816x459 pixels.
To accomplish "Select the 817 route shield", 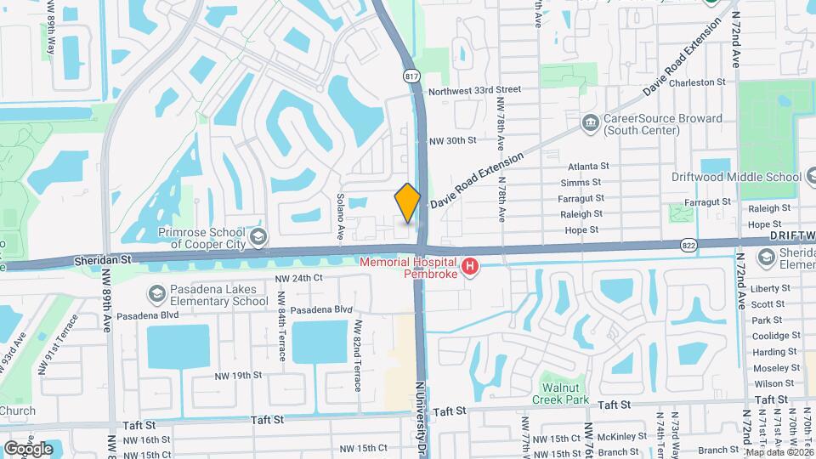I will [x=412, y=76].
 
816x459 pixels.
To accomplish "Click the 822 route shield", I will [x=689, y=245].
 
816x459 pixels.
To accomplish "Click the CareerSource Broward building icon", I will [x=589, y=124].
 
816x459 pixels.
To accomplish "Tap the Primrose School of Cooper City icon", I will [x=258, y=236].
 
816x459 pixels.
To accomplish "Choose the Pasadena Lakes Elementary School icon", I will [x=156, y=294].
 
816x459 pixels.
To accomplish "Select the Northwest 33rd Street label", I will [x=474, y=89].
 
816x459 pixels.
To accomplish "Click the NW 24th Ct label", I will [x=299, y=278].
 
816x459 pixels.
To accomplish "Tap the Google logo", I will [x=28, y=448].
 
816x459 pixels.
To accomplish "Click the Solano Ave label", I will [x=340, y=219].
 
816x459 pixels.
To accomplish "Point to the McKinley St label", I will [x=614, y=438].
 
